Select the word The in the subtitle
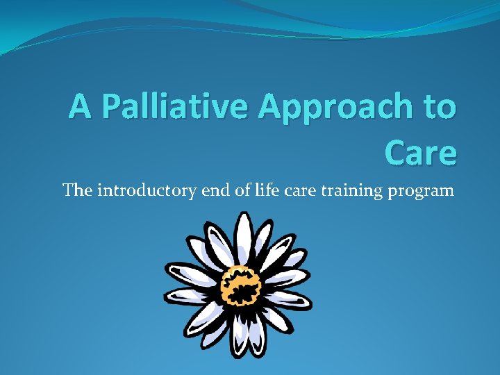point(77,190)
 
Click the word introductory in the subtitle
point(146,190)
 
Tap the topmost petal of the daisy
point(243,233)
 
